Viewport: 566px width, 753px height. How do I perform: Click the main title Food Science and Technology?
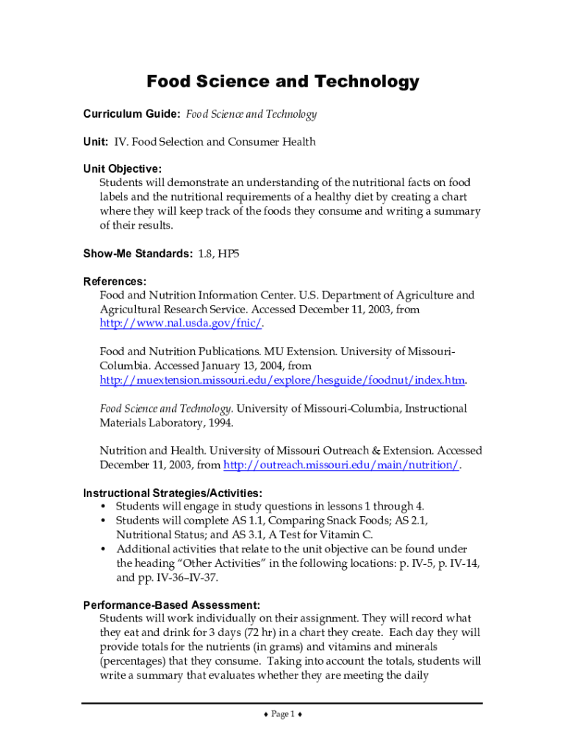coord(283,82)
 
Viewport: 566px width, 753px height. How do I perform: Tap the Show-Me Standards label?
coord(137,254)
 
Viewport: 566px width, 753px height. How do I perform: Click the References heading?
coord(115,282)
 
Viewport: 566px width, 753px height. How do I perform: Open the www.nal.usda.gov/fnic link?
coord(181,324)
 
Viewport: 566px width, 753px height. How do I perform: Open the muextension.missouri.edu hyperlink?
coord(282,380)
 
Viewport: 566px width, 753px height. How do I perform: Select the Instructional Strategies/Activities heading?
coord(172,493)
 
